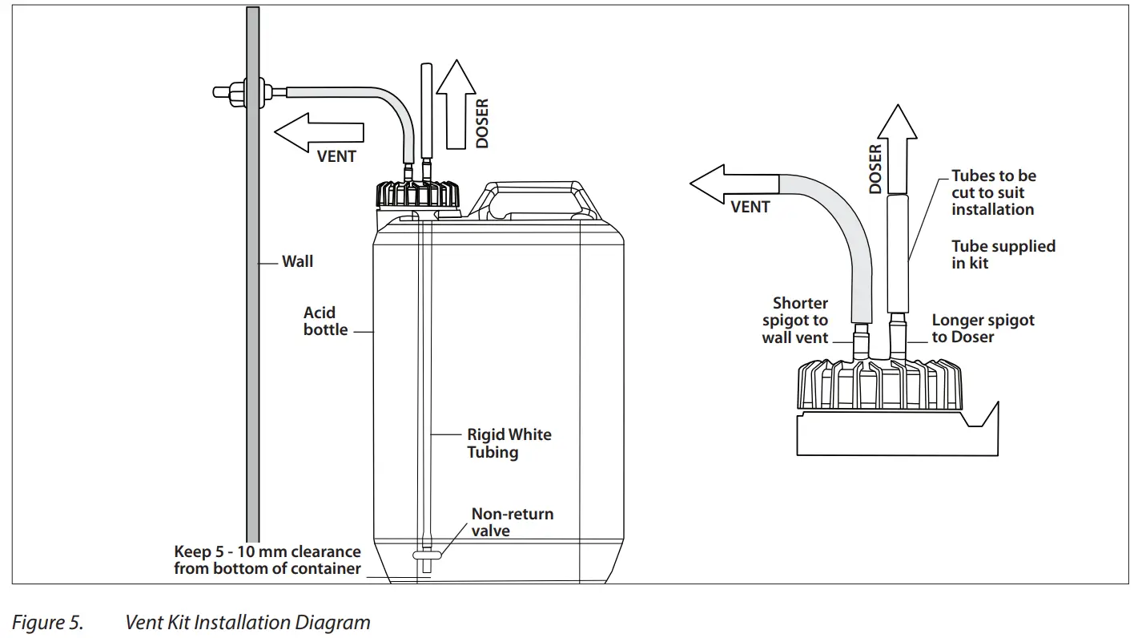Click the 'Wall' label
[297, 261]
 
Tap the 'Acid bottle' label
[325, 321]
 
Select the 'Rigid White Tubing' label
[509, 443]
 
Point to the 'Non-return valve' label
[512, 522]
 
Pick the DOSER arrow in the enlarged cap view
[897, 152]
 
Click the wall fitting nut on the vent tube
[237, 92]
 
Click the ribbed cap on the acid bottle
[416, 196]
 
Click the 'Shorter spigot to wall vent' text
[796, 321]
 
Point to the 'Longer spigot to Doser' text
[983, 329]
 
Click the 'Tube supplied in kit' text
[1003, 254]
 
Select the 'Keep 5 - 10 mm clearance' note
[267, 560]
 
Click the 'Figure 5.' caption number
[47, 623]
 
